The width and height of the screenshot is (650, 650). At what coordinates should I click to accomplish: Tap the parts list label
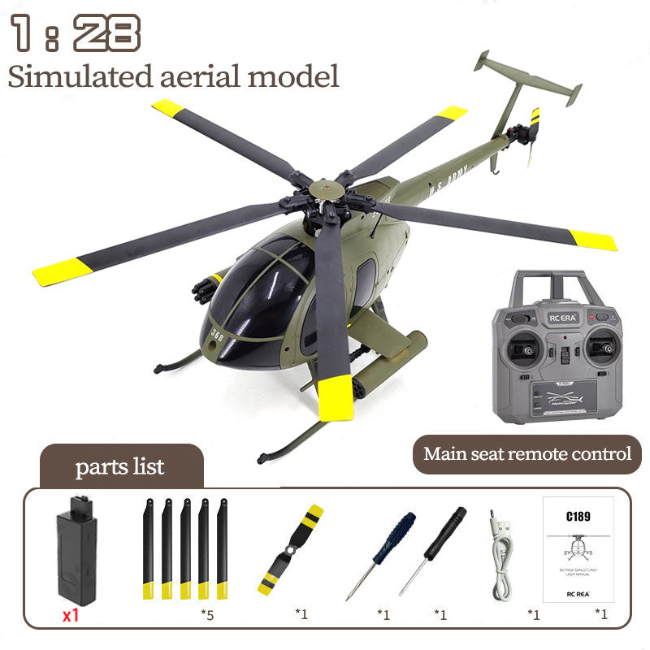119,466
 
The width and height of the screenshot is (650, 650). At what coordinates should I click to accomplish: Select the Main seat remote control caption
527,453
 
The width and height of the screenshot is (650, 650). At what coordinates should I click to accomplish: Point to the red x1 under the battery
71,614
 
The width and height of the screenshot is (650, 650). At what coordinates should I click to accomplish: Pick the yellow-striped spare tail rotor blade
290,550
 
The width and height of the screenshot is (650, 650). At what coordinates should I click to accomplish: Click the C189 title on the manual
578,514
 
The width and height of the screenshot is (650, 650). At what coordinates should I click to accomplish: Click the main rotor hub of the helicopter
326,188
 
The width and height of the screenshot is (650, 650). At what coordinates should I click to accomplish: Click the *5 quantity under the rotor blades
209,614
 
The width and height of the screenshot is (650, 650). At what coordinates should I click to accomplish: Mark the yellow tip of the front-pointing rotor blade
336,401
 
